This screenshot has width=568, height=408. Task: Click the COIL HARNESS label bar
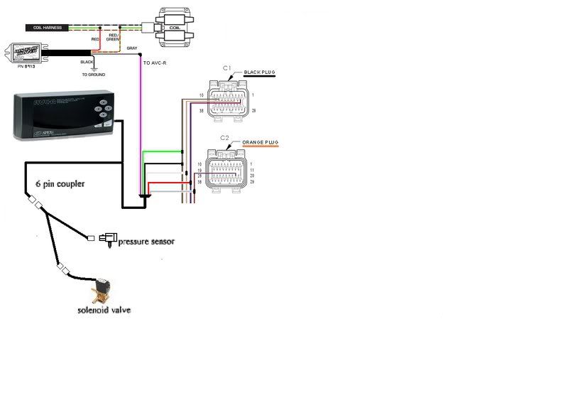(46, 28)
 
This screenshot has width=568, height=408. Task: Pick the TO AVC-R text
(155, 63)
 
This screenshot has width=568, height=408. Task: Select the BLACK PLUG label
(258, 73)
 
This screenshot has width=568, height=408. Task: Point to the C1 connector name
(227, 68)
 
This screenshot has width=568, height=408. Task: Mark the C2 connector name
(224, 137)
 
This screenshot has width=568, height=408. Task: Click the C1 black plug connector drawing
(227, 99)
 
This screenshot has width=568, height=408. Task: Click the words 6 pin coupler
(60, 183)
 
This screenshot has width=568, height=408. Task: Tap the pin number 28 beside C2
(200, 176)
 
